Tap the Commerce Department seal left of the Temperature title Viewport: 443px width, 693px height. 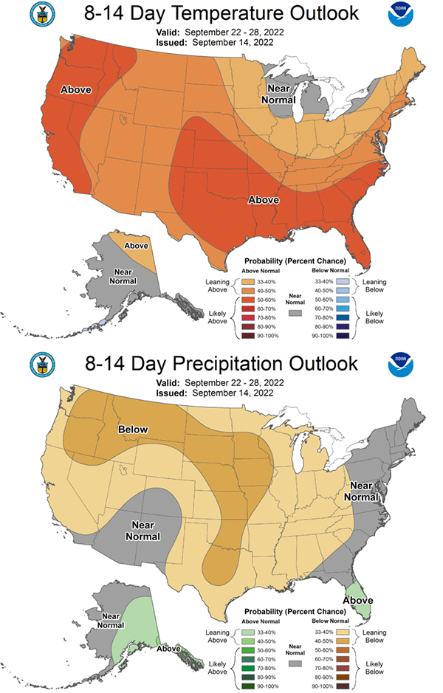coord(41,15)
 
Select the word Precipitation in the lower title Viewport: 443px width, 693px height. coord(207,365)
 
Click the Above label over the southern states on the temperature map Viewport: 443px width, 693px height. coord(264,200)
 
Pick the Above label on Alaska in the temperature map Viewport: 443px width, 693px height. coord(136,245)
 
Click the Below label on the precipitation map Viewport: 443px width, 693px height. coord(134,430)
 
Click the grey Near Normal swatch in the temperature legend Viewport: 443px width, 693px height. coord(295,292)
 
